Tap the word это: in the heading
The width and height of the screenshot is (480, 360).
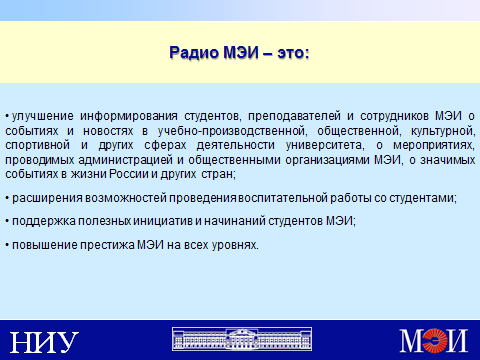(293, 53)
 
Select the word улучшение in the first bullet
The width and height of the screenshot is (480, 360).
(43, 116)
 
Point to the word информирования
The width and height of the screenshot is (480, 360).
(129, 116)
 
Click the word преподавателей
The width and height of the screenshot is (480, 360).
(294, 116)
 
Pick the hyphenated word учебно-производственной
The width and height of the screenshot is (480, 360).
(231, 131)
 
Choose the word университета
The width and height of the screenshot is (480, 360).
(325, 146)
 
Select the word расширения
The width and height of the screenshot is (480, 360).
(47, 198)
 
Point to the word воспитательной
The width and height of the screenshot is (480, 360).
(283, 198)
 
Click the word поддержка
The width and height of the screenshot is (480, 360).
(44, 221)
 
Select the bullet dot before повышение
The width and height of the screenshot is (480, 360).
(7, 246)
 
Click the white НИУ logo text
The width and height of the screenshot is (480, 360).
(44, 342)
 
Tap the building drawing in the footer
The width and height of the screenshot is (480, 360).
(242, 339)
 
